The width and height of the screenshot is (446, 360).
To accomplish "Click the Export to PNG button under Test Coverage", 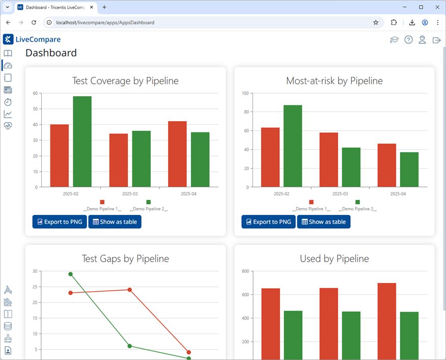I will pos(60,222).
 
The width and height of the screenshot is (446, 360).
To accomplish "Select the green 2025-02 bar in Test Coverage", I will pos(82,142).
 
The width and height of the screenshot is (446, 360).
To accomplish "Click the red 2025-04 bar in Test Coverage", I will pos(177,154).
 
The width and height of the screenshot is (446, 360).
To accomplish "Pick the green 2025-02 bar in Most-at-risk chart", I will pos(293,146).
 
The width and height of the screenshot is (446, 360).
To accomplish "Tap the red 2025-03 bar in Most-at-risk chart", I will pos(328,159).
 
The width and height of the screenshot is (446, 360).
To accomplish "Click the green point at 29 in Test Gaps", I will pos(70,274).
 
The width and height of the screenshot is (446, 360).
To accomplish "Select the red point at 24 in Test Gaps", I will pos(129,290).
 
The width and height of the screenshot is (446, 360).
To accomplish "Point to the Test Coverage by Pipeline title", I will pos(125,81).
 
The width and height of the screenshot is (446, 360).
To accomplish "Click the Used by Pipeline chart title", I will pos(334,259).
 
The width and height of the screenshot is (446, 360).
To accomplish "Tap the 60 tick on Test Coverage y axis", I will pos(35,93).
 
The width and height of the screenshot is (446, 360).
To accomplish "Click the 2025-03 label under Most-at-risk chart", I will pos(340,194).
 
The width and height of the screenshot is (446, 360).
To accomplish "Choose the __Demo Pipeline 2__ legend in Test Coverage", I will pos(148,209).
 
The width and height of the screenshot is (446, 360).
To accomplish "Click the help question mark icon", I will pos(408,40).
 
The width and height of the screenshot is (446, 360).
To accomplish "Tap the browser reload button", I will pos(34,22).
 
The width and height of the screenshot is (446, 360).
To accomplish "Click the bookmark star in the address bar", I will pos(376,22).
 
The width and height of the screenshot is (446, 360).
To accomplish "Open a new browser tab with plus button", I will pos(104,7).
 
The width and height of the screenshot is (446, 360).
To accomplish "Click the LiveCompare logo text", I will pos(38,40).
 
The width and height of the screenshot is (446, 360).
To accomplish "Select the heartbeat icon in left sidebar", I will pos(8,126).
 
